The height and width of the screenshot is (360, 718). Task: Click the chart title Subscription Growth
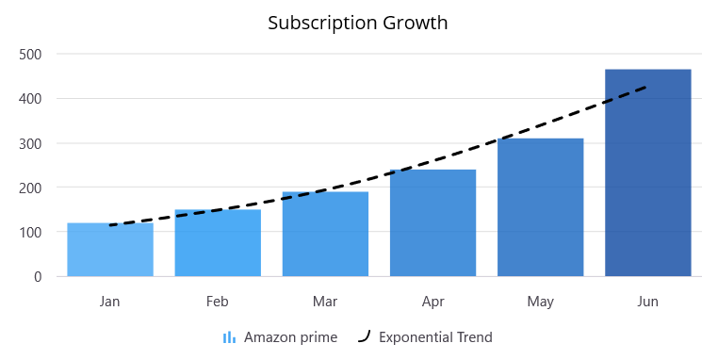[x=358, y=23]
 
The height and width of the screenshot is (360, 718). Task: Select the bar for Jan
[x=110, y=250]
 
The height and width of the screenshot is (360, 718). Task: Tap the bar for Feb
[x=218, y=243]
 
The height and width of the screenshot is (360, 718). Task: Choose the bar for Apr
[x=432, y=223]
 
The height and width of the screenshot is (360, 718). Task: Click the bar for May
[x=541, y=207]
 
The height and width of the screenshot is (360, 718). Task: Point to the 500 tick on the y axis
[x=31, y=54]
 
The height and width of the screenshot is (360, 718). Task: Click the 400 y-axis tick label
[x=31, y=98]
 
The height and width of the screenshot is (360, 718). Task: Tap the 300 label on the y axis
[x=31, y=143]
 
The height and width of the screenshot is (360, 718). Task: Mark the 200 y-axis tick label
[x=31, y=188]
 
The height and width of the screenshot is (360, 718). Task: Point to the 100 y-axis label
[x=31, y=232]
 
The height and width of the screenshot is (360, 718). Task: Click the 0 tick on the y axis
[x=38, y=276]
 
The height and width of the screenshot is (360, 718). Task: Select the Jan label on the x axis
[x=110, y=302]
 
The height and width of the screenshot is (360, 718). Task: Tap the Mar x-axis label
[x=325, y=302]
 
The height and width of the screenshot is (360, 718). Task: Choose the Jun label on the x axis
[x=648, y=302]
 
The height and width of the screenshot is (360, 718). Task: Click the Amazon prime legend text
[x=290, y=337]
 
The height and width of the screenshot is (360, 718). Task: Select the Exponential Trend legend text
[x=435, y=337]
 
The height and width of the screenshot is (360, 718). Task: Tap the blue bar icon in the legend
[x=229, y=337]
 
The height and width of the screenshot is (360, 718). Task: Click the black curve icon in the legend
[x=364, y=336]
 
